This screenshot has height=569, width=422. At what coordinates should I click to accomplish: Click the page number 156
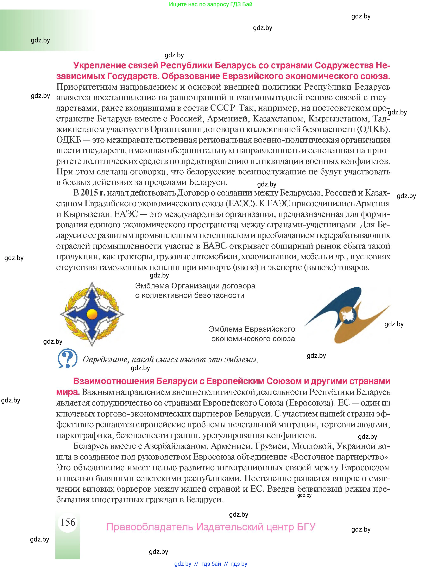(x=68, y=522)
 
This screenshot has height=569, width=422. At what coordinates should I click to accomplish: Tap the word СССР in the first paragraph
(x=222, y=108)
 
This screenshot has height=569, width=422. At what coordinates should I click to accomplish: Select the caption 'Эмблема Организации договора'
(x=195, y=286)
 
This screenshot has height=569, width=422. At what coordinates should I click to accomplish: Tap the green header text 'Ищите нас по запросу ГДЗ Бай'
(x=210, y=4)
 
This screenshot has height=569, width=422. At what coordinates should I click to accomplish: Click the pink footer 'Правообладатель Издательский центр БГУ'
(x=211, y=527)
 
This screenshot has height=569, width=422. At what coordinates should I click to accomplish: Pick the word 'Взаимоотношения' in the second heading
(x=113, y=381)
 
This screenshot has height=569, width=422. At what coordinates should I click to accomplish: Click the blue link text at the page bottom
(x=211, y=564)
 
